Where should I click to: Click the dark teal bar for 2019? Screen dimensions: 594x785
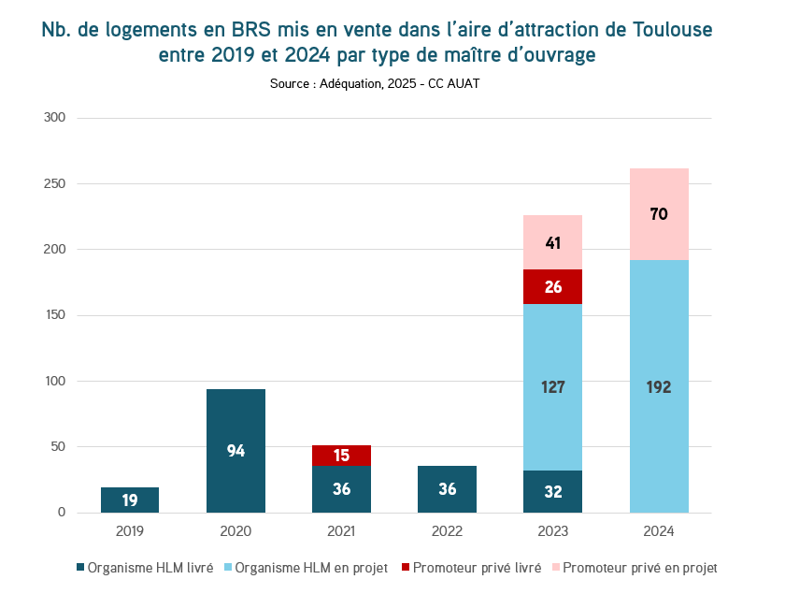[130, 500]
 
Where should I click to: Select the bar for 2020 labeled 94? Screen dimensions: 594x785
[235, 450]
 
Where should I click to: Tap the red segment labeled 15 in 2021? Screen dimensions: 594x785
[341, 455]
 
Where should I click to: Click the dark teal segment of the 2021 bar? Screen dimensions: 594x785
[341, 488]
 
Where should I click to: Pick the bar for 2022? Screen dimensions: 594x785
[447, 488]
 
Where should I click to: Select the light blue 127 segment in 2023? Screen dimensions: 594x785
[552, 387]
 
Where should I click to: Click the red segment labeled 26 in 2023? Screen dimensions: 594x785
[552, 286]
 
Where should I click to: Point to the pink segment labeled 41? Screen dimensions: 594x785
[552, 242]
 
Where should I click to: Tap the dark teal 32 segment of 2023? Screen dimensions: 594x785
[552, 491]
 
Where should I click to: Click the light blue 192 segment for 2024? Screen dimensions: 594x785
[659, 386]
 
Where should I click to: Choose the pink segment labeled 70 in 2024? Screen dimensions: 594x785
[659, 214]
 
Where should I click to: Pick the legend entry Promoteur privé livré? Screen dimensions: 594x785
[470, 568]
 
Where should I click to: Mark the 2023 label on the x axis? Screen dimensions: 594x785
[552, 530]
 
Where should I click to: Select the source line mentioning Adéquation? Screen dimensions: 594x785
[375, 83]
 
